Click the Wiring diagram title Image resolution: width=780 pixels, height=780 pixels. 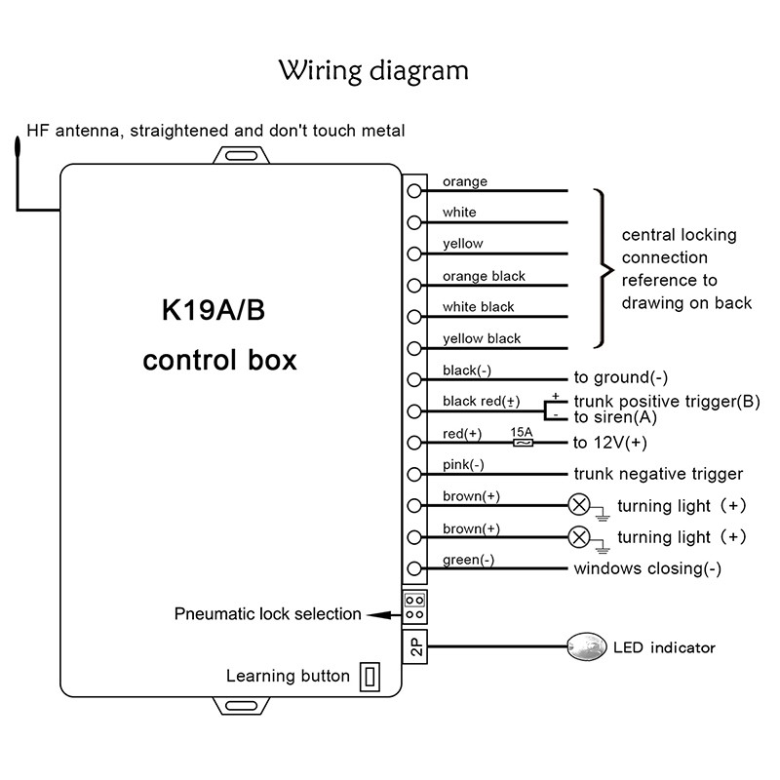pyautogui.click(x=374, y=71)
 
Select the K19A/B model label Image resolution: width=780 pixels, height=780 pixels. pyautogui.click(x=213, y=313)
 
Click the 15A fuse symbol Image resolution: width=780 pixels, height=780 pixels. pyautogui.click(x=523, y=443)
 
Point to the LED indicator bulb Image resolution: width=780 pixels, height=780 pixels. pyautogui.click(x=583, y=647)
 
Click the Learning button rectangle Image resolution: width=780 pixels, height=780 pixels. pyautogui.click(x=370, y=676)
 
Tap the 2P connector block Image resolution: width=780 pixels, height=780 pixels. pyautogui.click(x=414, y=647)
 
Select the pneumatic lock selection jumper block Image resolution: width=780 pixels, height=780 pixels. pyautogui.click(x=414, y=605)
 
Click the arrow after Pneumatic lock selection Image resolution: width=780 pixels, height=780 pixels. pyautogui.click(x=380, y=614)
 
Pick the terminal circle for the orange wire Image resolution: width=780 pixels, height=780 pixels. pyautogui.click(x=415, y=191)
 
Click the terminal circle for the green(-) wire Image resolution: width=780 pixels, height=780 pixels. pyautogui.click(x=415, y=568)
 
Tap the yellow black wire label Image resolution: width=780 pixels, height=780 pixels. pyautogui.click(x=482, y=338)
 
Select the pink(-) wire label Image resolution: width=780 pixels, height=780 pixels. pyautogui.click(x=463, y=465)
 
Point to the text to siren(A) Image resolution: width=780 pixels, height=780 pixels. pyautogui.click(x=616, y=417)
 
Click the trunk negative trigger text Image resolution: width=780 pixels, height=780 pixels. pyautogui.click(x=658, y=474)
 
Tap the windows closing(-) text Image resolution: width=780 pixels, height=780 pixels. pyautogui.click(x=647, y=568)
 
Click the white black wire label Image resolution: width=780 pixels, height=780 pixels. pyautogui.click(x=479, y=307)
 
